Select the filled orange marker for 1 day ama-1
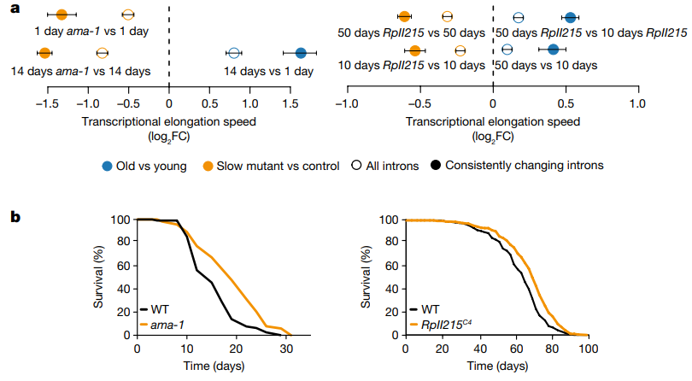(61, 15)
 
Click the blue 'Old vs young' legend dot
(107, 165)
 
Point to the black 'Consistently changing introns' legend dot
(437, 165)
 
